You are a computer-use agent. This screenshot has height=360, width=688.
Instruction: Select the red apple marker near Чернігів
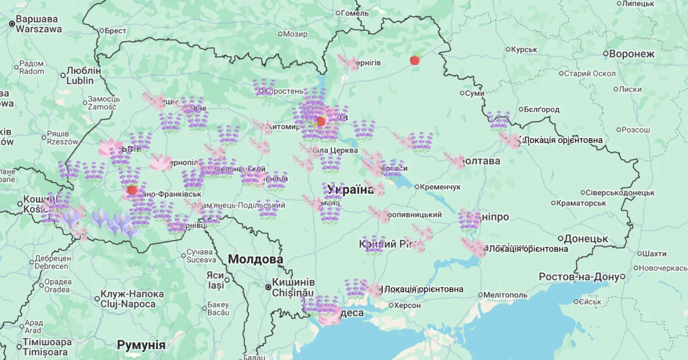coord(415,60)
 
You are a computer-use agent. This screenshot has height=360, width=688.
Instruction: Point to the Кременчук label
coord(440,187)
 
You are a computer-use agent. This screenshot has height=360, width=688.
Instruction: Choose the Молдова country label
coord(255,259)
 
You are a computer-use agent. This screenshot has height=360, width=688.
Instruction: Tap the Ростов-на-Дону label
coord(579,277)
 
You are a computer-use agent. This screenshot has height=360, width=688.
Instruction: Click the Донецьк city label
coord(585,238)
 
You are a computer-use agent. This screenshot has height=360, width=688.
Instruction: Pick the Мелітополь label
coord(505,295)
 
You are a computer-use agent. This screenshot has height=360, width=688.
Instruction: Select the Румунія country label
coord(141,345)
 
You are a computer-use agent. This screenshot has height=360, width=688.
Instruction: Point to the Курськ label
coord(523,50)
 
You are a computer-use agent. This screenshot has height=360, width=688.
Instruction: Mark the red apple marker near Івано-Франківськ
coord(132,190)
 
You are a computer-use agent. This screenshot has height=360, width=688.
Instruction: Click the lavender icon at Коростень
coord(264,87)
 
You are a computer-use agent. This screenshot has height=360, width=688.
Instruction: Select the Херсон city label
coord(410,305)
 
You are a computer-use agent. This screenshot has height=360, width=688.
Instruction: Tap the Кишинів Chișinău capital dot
coord(268,287)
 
